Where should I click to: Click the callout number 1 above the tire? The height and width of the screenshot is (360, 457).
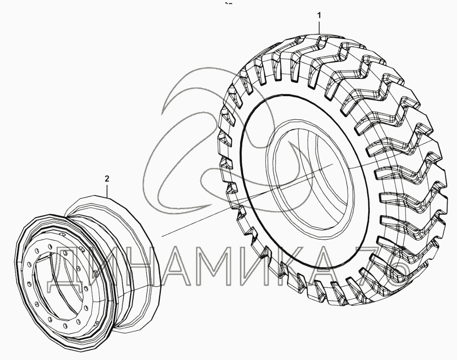[x=319, y=15]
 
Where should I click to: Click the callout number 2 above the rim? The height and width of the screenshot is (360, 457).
[x=107, y=179]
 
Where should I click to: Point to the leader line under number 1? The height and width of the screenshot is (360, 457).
[x=319, y=27]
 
